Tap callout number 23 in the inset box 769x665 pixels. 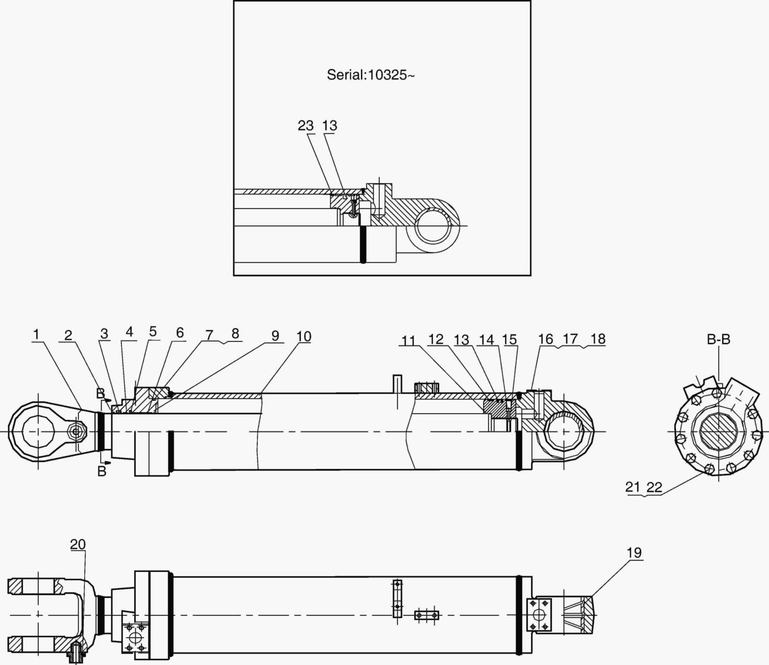coord(306,126)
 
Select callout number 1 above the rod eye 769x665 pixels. coord(37,334)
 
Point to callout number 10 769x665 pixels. coord(303,337)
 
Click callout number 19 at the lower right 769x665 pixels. coord(634,552)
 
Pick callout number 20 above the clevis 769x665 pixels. coord(78,544)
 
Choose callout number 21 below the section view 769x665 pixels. coord(633,487)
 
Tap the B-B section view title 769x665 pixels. coord(718,339)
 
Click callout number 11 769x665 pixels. coord(408,340)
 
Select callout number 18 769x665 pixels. coord(597,339)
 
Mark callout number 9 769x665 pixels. coord(275,336)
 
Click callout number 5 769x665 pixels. coord(153,332)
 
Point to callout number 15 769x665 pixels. coord(509,340)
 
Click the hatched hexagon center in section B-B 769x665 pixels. coord(718,430)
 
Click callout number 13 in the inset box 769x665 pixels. coord(330,126)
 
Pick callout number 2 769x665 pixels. coord(68,335)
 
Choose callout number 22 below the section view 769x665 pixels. coord(654,487)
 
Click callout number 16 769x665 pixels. coord(545,339)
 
